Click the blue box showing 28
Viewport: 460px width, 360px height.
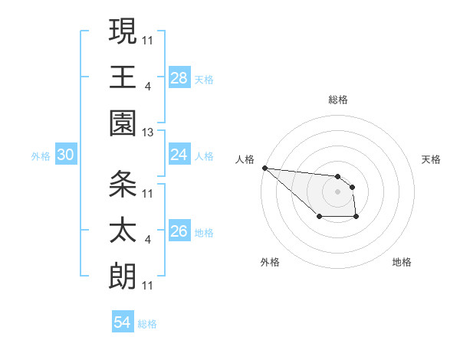(179, 78)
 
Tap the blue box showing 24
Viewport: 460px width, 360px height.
(179, 155)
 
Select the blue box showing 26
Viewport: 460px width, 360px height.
(179, 231)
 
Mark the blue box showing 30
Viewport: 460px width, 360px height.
(65, 155)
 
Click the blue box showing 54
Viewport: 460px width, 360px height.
(123, 322)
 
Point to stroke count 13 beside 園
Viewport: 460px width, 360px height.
(148, 133)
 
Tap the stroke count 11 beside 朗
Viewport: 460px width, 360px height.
(148, 286)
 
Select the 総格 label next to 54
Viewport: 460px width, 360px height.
(147, 324)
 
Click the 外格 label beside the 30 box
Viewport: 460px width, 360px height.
(41, 156)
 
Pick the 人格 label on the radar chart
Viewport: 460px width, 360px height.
(246, 159)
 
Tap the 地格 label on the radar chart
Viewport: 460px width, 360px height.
(402, 262)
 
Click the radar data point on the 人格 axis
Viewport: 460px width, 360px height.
(264, 168)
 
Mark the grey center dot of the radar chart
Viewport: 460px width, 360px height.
(337, 191)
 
